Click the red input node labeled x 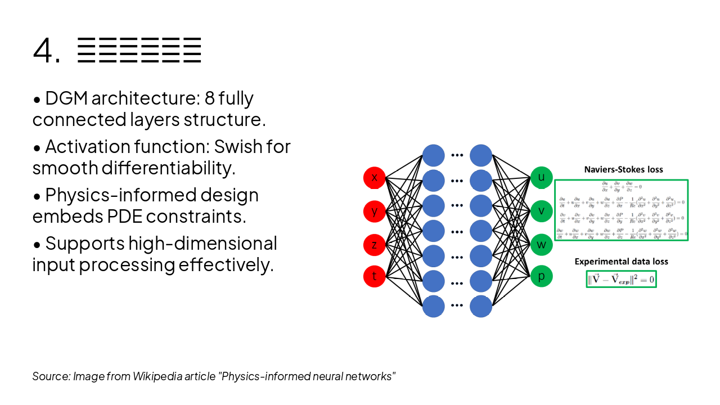[x=374, y=178]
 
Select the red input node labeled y [x=374, y=211]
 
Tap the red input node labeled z [x=374, y=244]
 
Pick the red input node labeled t [x=374, y=276]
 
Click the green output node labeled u [x=542, y=178]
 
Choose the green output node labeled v [x=542, y=211]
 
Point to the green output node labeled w [x=542, y=244]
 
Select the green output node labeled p [x=542, y=276]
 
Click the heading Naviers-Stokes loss [x=623, y=169]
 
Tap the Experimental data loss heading [x=621, y=262]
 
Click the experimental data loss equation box [x=621, y=279]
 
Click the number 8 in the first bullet [x=209, y=98]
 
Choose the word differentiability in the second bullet [x=168, y=168]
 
